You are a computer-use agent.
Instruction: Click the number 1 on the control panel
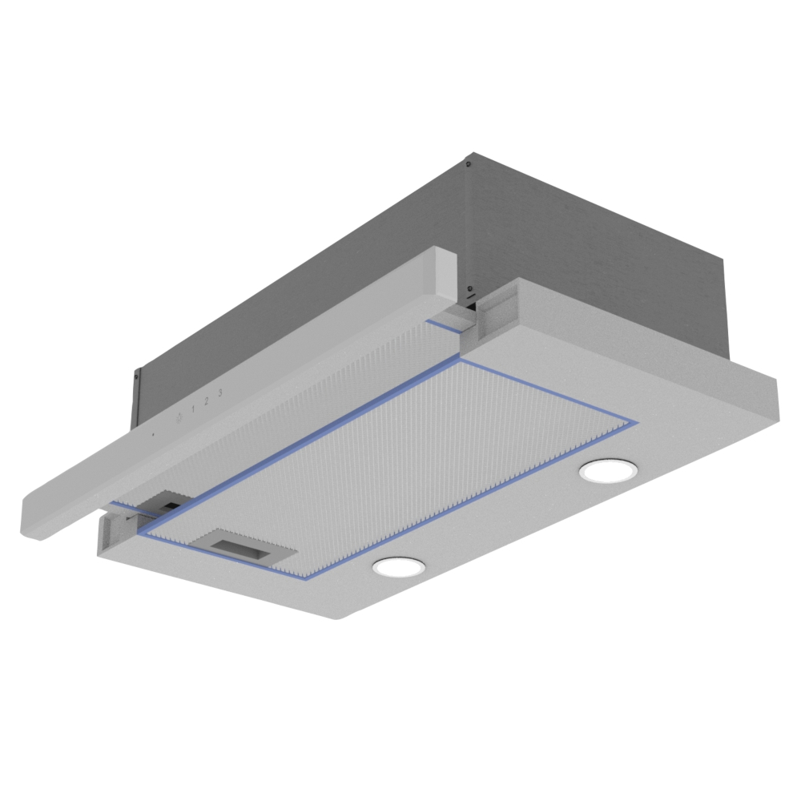tap(192, 409)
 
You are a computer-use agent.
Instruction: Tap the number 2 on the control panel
tap(207, 401)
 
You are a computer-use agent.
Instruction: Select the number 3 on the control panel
tap(220, 392)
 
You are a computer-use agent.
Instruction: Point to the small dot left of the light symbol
tap(153, 435)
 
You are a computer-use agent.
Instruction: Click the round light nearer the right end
tap(609, 470)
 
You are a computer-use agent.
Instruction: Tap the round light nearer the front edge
tap(398, 567)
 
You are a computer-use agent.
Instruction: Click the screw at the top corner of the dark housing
tap(469, 163)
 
